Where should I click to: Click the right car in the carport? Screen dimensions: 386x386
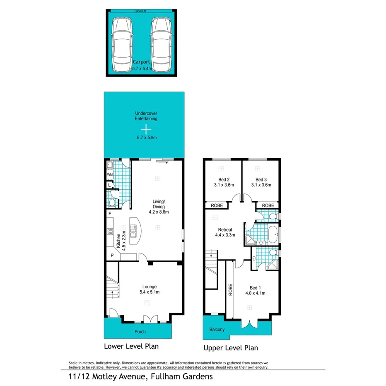[x=161, y=44]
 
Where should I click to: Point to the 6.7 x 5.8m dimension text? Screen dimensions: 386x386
[x=144, y=137]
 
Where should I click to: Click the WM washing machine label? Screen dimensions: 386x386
[x=110, y=175]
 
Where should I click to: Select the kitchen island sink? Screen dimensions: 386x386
[x=133, y=229]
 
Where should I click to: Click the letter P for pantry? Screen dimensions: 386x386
[x=111, y=256]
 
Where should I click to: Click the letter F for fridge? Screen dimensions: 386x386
[x=110, y=214]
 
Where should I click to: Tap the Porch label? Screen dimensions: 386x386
[x=140, y=331]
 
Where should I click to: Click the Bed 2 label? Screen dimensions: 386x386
[x=222, y=182]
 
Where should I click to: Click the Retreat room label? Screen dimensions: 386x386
[x=225, y=232]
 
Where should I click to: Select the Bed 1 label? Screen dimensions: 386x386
[x=256, y=290]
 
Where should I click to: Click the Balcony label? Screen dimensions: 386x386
[x=217, y=330]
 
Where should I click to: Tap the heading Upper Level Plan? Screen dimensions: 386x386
[x=230, y=348]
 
